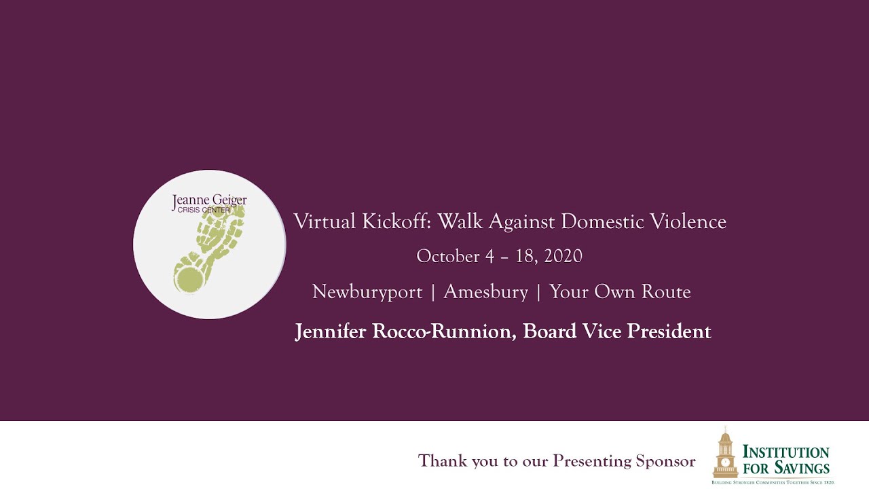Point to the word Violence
tap(688, 221)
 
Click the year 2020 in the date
tap(563, 256)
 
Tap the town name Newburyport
tap(367, 292)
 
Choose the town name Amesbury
tap(485, 292)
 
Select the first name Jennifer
tap(331, 331)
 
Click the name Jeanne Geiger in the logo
tap(209, 201)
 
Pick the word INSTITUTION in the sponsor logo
tap(785, 452)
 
